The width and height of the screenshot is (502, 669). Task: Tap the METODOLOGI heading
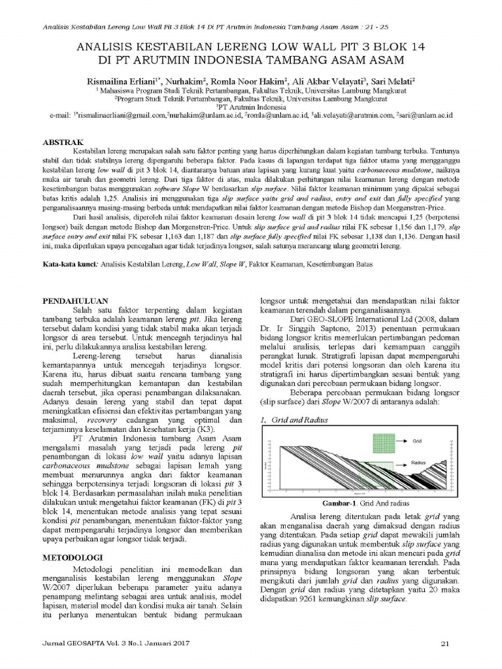pos(70,558)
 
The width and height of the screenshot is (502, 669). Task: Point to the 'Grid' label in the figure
pos(416,441)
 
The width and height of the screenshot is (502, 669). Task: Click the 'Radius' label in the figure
pos(419,462)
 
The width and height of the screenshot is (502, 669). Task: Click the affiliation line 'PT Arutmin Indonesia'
pos(251,106)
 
